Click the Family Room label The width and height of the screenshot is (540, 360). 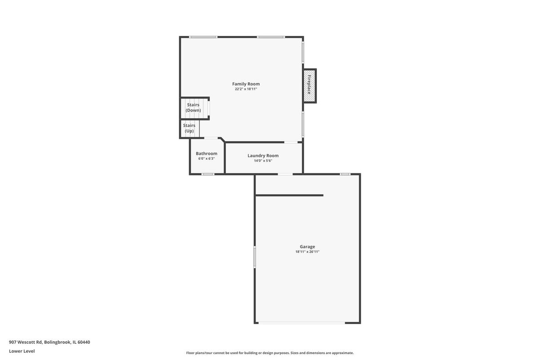point(246,84)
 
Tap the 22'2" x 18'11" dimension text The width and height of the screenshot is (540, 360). point(246,89)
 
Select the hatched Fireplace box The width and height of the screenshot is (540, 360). point(310,86)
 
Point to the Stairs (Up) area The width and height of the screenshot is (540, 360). point(190,129)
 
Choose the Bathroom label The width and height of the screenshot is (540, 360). point(207,153)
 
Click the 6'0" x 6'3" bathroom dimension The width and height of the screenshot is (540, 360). point(207,159)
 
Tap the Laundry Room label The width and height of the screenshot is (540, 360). point(263,156)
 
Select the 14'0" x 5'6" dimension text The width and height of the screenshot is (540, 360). point(263,161)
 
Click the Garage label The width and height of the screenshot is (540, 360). point(307,247)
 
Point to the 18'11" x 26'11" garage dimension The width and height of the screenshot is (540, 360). point(307,252)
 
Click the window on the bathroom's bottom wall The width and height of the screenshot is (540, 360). point(208,174)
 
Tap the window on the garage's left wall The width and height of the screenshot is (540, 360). point(255,257)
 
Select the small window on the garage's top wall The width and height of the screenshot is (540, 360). point(345,174)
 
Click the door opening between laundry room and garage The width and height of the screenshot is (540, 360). point(285,174)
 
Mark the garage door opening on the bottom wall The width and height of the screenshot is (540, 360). point(302,323)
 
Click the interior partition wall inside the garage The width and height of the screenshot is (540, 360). point(289,195)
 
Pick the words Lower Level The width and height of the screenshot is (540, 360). point(22,351)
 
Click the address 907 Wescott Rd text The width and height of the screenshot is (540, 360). point(26,342)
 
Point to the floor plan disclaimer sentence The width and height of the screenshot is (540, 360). point(270,353)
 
